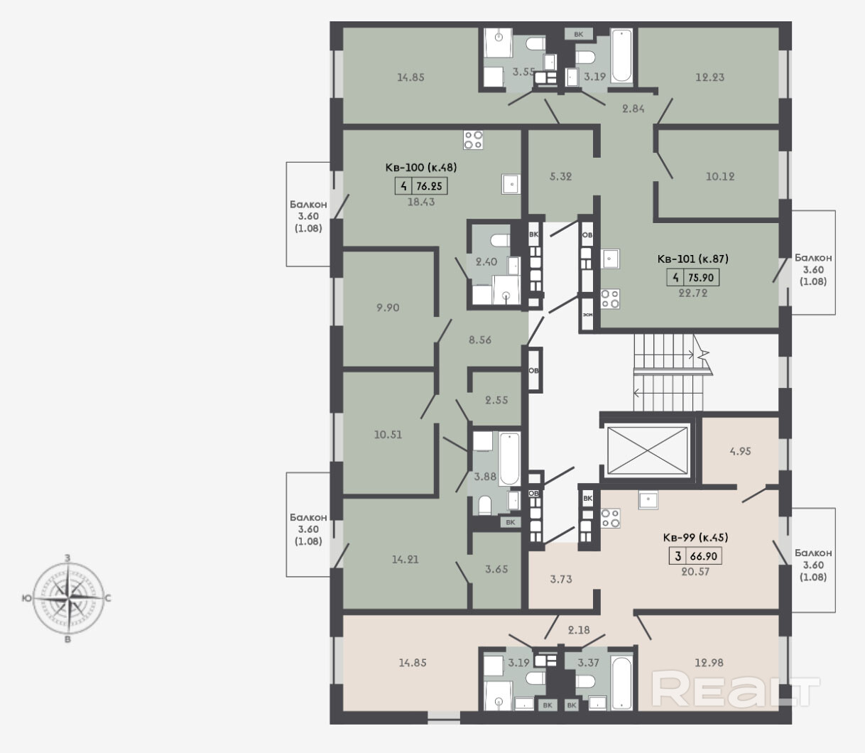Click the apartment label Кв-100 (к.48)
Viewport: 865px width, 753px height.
pyautogui.click(x=420, y=168)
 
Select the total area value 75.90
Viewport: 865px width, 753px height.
pyautogui.click(x=700, y=277)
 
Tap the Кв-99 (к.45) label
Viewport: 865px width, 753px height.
pyautogui.click(x=695, y=538)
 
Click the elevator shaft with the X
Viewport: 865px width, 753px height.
pyautogui.click(x=647, y=450)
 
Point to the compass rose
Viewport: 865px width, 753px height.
pyautogui.click(x=67, y=598)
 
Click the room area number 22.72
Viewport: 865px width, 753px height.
pyautogui.click(x=693, y=293)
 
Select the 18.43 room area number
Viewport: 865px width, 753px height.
pyautogui.click(x=420, y=202)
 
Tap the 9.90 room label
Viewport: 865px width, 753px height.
pyautogui.click(x=388, y=308)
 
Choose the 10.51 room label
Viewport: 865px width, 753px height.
pyautogui.click(x=388, y=434)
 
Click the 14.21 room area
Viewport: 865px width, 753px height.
pyautogui.click(x=405, y=559)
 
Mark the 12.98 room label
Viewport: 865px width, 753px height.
pyautogui.click(x=709, y=663)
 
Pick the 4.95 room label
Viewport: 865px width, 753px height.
pyautogui.click(x=740, y=451)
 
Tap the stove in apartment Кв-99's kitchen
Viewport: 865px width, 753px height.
pyautogui.click(x=610, y=518)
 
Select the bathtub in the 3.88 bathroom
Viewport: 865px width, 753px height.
pyautogui.click(x=509, y=458)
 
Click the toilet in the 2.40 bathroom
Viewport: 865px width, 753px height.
pyautogui.click(x=501, y=241)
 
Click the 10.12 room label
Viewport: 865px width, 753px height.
pyautogui.click(x=720, y=176)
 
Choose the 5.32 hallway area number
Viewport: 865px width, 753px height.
pyautogui.click(x=560, y=176)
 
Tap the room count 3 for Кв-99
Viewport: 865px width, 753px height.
pyautogui.click(x=678, y=556)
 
